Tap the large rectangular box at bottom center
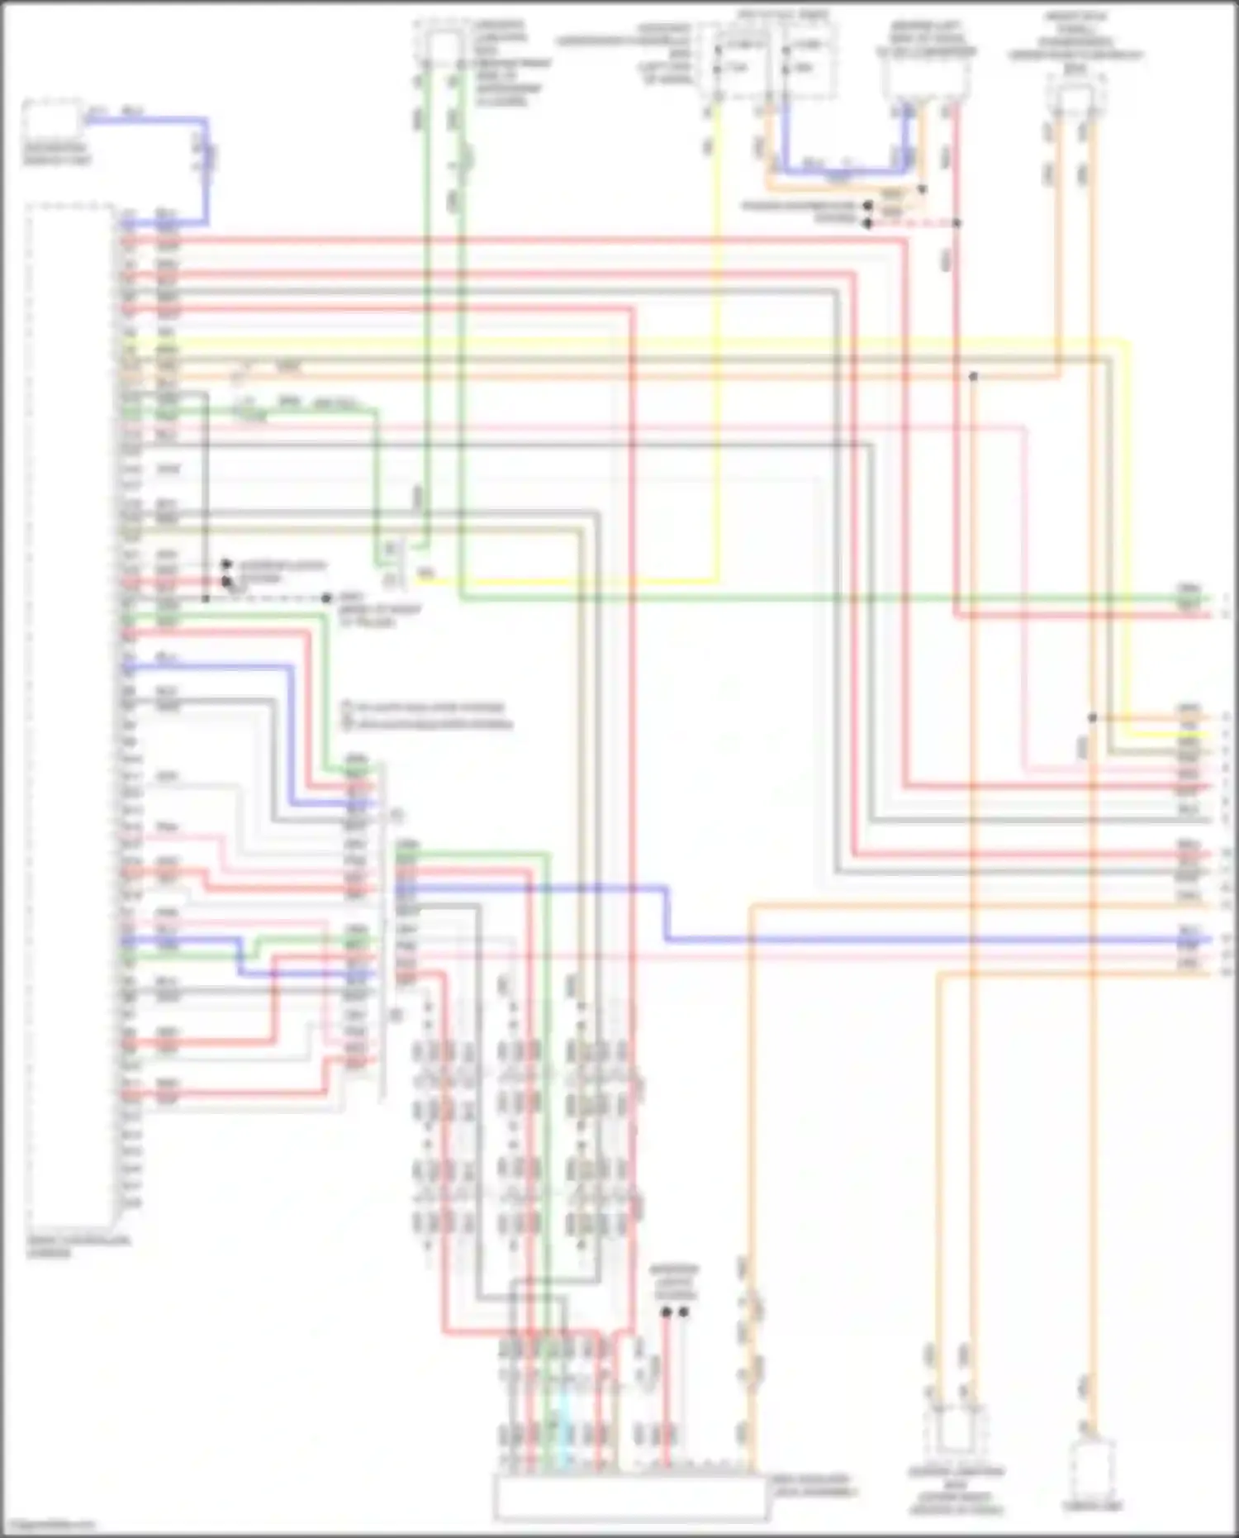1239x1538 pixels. [631, 1497]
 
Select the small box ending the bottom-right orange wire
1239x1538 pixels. [1094, 1469]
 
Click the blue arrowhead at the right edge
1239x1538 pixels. [1208, 940]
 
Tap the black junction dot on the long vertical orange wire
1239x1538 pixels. [974, 377]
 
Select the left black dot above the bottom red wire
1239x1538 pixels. [666, 1312]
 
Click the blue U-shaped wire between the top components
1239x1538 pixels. [843, 169]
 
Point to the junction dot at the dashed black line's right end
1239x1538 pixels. [327, 598]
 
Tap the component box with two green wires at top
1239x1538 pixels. [442, 50]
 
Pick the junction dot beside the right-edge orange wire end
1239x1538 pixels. [1092, 717]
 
